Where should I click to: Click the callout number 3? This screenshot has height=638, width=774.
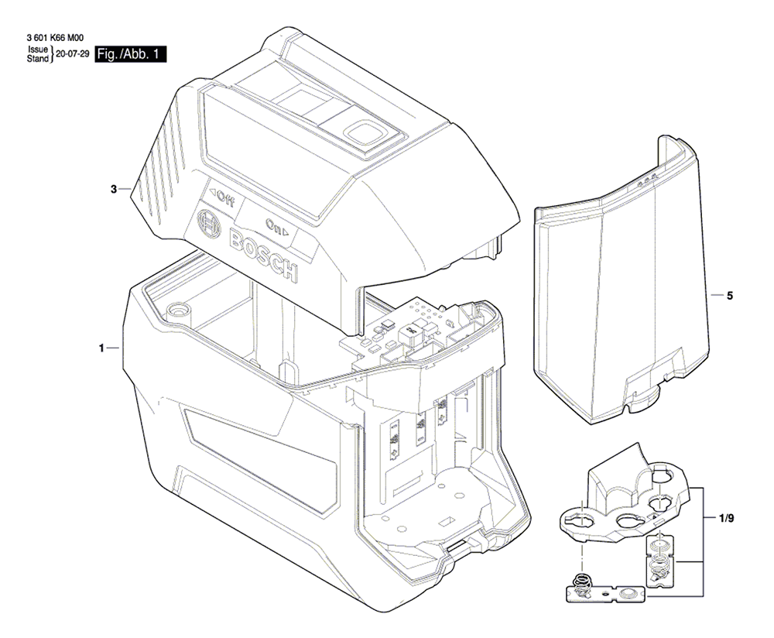click(114, 189)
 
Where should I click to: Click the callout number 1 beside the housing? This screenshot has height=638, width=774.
click(101, 348)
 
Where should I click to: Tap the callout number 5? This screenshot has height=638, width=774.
click(730, 296)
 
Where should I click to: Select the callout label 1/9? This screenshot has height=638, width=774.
click(726, 519)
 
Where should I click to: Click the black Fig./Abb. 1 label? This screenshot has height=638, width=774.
click(130, 54)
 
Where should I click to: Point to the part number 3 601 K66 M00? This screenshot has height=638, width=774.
click(55, 37)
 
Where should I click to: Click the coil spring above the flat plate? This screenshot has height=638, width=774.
click(583, 581)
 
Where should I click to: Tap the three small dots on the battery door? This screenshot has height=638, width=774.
click(646, 180)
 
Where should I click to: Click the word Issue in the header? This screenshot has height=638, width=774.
click(38, 50)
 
